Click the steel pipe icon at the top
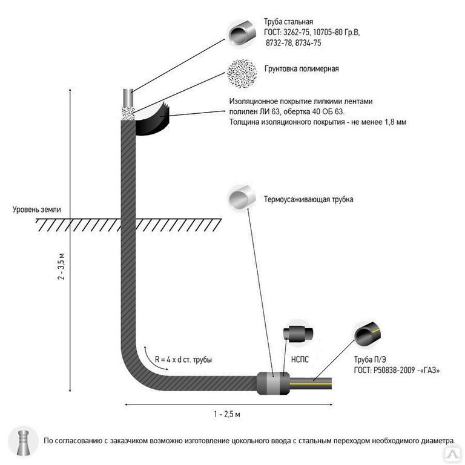(x=242, y=33)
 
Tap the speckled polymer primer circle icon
(x=242, y=73)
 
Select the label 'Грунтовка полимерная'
(x=302, y=69)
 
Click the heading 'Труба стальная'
(x=288, y=22)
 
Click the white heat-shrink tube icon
(x=242, y=197)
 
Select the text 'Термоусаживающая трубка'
(x=308, y=199)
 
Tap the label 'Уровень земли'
(x=37, y=209)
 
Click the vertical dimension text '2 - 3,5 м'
(x=61, y=266)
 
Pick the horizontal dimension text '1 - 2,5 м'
(x=227, y=414)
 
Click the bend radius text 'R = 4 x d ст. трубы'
(x=183, y=360)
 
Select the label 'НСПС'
(x=300, y=360)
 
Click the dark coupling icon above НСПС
(x=298, y=334)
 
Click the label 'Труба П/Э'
(x=370, y=360)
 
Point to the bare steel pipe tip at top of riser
(x=128, y=97)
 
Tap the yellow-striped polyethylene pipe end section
(x=311, y=383)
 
